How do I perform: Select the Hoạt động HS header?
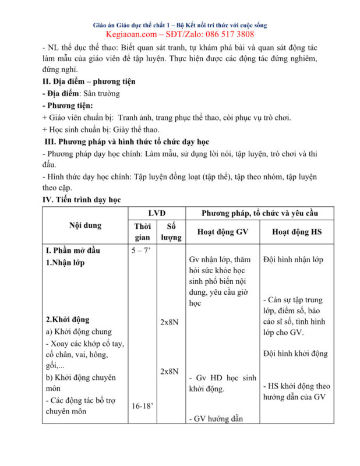[x=297, y=232]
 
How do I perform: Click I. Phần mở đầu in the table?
[x=73, y=250]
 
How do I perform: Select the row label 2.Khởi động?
[x=68, y=320]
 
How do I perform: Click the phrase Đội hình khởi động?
[x=295, y=354]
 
